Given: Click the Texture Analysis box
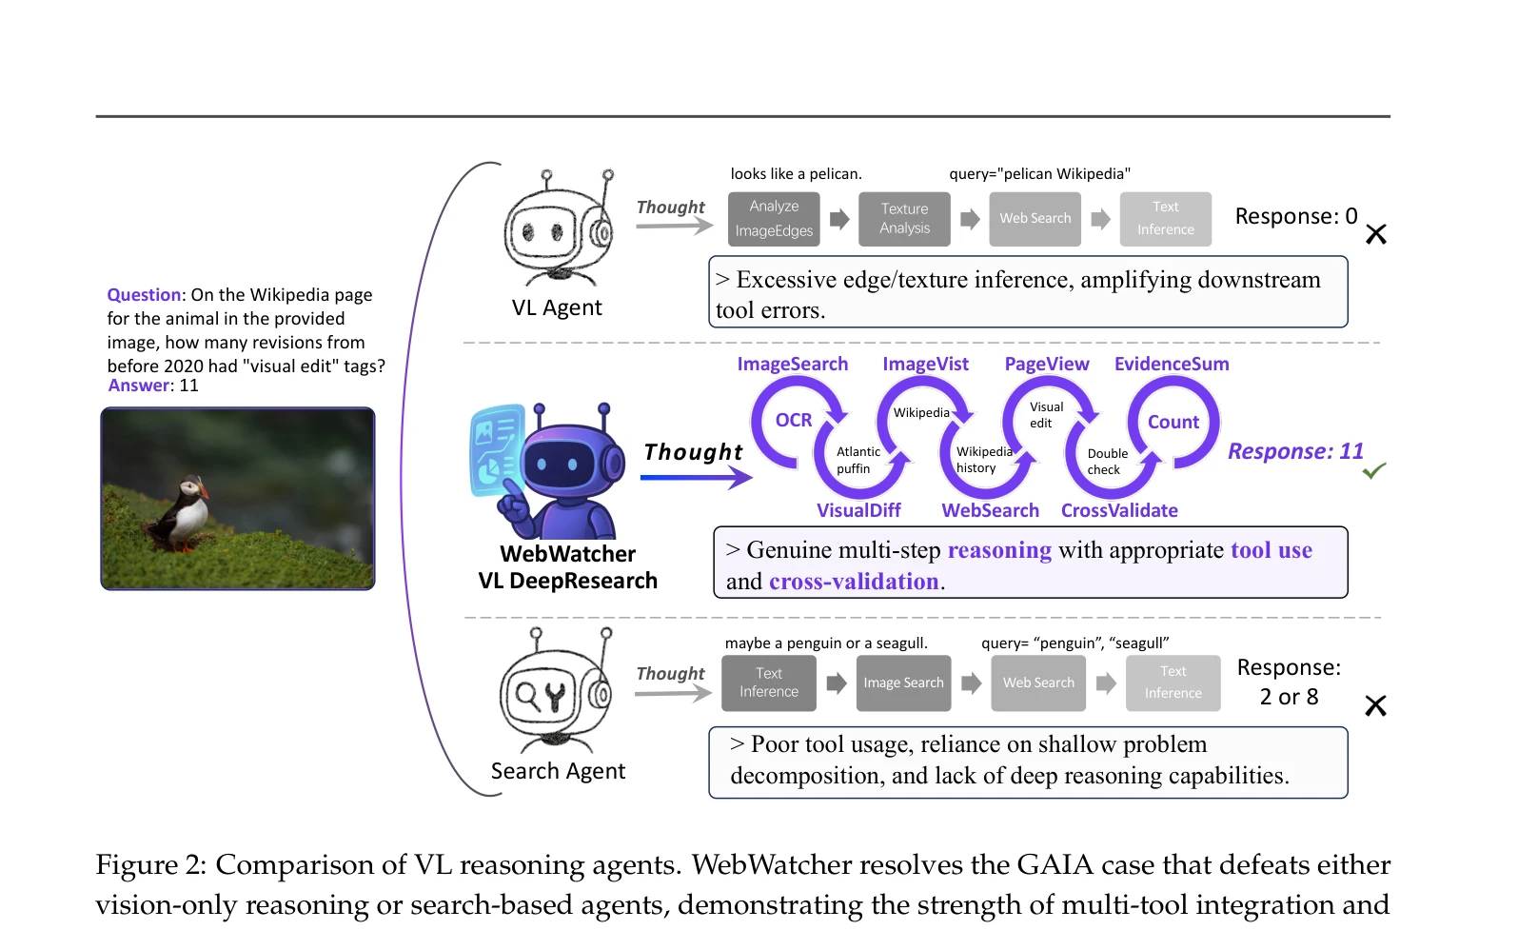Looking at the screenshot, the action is click(x=904, y=218).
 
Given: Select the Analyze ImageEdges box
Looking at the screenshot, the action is click(x=774, y=218).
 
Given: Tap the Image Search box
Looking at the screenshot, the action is click(x=903, y=683).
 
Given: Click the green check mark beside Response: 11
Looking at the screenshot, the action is click(x=1373, y=470).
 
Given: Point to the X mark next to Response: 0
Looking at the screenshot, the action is click(x=1375, y=234).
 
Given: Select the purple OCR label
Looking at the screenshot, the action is click(x=794, y=421).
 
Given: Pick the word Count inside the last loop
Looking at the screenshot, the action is click(x=1173, y=422).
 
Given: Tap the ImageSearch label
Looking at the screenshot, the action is click(x=792, y=364).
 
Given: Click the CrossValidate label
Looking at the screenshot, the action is click(x=1119, y=510).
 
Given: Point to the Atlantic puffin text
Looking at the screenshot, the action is click(x=858, y=460).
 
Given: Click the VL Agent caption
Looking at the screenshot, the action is click(x=557, y=307).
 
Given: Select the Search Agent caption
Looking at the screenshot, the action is click(x=558, y=771).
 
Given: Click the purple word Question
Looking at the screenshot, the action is click(x=144, y=295).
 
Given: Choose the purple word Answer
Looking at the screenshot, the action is click(x=139, y=385).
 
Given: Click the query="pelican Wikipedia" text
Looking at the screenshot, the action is click(x=1039, y=173).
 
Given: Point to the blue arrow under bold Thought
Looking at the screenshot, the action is click(x=696, y=478).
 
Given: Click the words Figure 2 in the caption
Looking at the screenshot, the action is click(x=150, y=865).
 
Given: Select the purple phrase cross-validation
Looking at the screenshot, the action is click(x=854, y=581).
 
